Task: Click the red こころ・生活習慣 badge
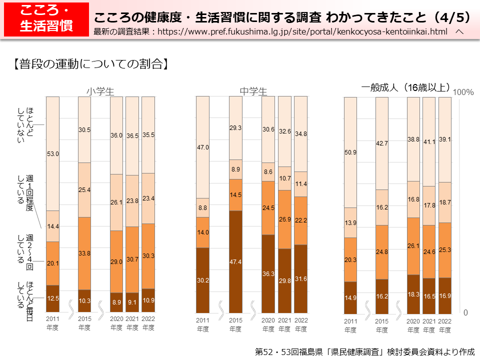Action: pyautogui.click(x=45, y=19)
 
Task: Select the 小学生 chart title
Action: pyautogui.click(x=100, y=91)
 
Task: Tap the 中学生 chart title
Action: pyautogui.click(x=253, y=91)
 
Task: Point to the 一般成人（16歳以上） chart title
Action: pyautogui.click(x=406, y=87)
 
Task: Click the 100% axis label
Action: pyautogui.click(x=463, y=92)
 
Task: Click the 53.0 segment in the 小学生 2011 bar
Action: pyautogui.click(x=53, y=154)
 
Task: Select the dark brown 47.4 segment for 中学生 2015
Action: pyautogui.click(x=235, y=261)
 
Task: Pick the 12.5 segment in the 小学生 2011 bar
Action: pyautogui.click(x=53, y=298)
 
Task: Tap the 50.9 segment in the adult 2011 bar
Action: pyautogui.click(x=350, y=152)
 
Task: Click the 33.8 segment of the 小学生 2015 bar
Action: pyautogui.click(x=84, y=253)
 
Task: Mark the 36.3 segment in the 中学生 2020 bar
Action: pyautogui.click(x=268, y=273)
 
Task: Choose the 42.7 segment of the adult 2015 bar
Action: pyautogui.click(x=382, y=143)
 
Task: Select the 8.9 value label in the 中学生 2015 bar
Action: pyautogui.click(x=235, y=169)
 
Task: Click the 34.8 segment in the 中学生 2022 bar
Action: pyautogui.click(x=300, y=134)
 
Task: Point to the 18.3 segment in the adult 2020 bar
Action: pyautogui.click(x=413, y=294)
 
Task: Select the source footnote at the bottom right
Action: pyautogui.click(x=364, y=351)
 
